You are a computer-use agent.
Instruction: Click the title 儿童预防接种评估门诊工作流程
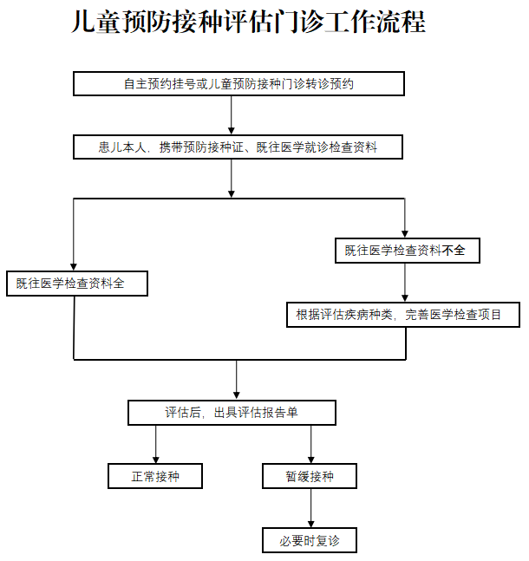(248, 23)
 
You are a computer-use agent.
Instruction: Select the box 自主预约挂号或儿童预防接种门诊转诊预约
(238, 83)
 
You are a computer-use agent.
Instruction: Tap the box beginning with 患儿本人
(238, 148)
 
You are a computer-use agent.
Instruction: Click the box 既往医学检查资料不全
(406, 251)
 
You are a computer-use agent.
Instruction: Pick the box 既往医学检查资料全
(77, 284)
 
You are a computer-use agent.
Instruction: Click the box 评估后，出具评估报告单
(232, 413)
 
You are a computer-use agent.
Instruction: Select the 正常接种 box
(155, 476)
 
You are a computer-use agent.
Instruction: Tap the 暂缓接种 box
(310, 476)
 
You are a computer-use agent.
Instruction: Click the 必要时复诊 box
(310, 541)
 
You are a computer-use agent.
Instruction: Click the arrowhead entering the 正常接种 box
(156, 459)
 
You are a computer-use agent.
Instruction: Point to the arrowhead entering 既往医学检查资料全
(74, 266)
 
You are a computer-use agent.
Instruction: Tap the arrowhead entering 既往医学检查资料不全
(405, 233)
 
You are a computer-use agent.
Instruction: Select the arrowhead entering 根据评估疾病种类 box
(405, 297)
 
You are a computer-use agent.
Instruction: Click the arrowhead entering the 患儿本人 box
(232, 131)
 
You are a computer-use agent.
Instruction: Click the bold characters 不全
(454, 251)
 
